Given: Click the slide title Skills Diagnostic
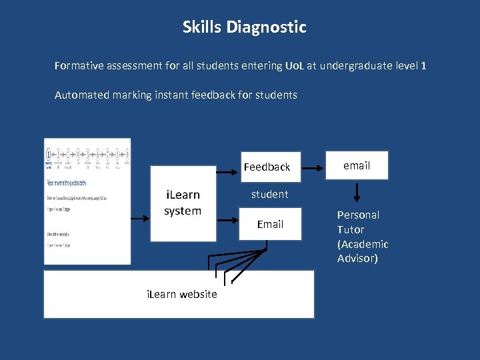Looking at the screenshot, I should click(244, 27).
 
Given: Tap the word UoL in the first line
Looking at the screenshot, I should click(294, 66).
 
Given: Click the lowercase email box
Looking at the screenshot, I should click(357, 165).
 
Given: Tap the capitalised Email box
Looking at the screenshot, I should click(270, 224).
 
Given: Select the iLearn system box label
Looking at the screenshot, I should click(182, 203).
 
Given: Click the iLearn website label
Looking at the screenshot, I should click(181, 294).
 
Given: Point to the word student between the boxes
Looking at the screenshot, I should click(269, 195).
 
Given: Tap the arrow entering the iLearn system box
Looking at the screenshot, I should click(141, 218).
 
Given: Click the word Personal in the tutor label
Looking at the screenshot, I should click(358, 215).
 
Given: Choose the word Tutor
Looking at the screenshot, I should click(350, 229).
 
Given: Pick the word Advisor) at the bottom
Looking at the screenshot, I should click(358, 259).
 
